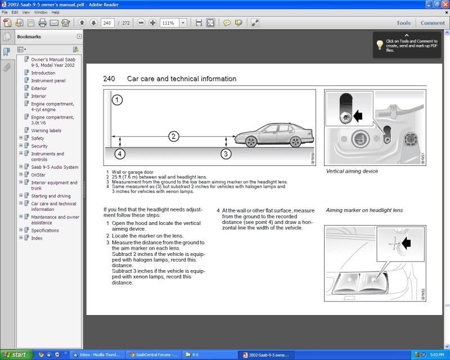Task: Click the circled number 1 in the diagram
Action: (117, 100)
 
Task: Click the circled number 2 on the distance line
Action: (174, 136)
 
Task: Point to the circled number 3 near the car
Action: (226, 152)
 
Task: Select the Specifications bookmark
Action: (45, 230)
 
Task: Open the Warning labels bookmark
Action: (46, 130)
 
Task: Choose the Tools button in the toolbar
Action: (403, 23)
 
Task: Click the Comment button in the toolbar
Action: (433, 23)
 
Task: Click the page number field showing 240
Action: (107, 23)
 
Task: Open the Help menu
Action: (55, 12)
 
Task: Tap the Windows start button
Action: (15, 354)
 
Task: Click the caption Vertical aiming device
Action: (352, 171)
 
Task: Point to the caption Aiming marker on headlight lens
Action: (364, 210)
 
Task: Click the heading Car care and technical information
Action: (182, 79)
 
